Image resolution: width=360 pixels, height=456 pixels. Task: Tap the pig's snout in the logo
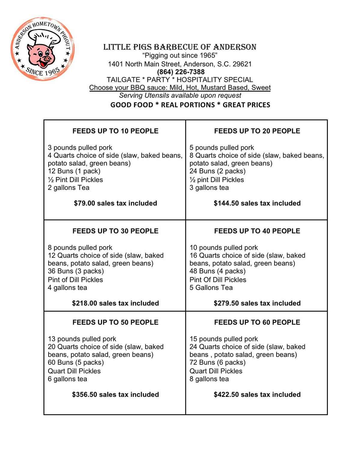tap(46, 58)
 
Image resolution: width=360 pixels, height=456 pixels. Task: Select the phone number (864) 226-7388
tap(181, 72)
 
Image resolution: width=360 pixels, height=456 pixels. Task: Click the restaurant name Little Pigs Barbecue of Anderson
tap(180, 47)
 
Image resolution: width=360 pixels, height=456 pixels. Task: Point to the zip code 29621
tap(242, 64)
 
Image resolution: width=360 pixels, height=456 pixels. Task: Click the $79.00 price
tap(84, 203)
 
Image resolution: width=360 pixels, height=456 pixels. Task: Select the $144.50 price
tap(226, 203)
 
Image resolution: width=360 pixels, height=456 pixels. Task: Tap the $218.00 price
tap(84, 303)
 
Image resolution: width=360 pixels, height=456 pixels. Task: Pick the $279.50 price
tap(226, 303)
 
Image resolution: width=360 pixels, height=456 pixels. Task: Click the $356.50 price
tap(84, 394)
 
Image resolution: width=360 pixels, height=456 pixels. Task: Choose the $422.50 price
tap(226, 394)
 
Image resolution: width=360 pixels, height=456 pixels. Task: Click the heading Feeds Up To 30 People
tap(115, 231)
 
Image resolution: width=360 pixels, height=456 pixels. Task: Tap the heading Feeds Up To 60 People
tap(257, 322)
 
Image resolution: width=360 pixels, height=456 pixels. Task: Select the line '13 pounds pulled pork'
tap(82, 339)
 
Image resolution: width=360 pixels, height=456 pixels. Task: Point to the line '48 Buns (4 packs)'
tap(217, 271)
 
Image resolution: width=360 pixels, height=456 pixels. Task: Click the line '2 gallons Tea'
tap(68, 187)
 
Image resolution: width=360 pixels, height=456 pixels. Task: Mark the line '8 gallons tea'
tap(209, 379)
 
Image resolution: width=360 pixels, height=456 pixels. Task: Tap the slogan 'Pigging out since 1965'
tap(180, 55)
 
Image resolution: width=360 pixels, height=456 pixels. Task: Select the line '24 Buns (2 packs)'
tap(217, 171)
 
